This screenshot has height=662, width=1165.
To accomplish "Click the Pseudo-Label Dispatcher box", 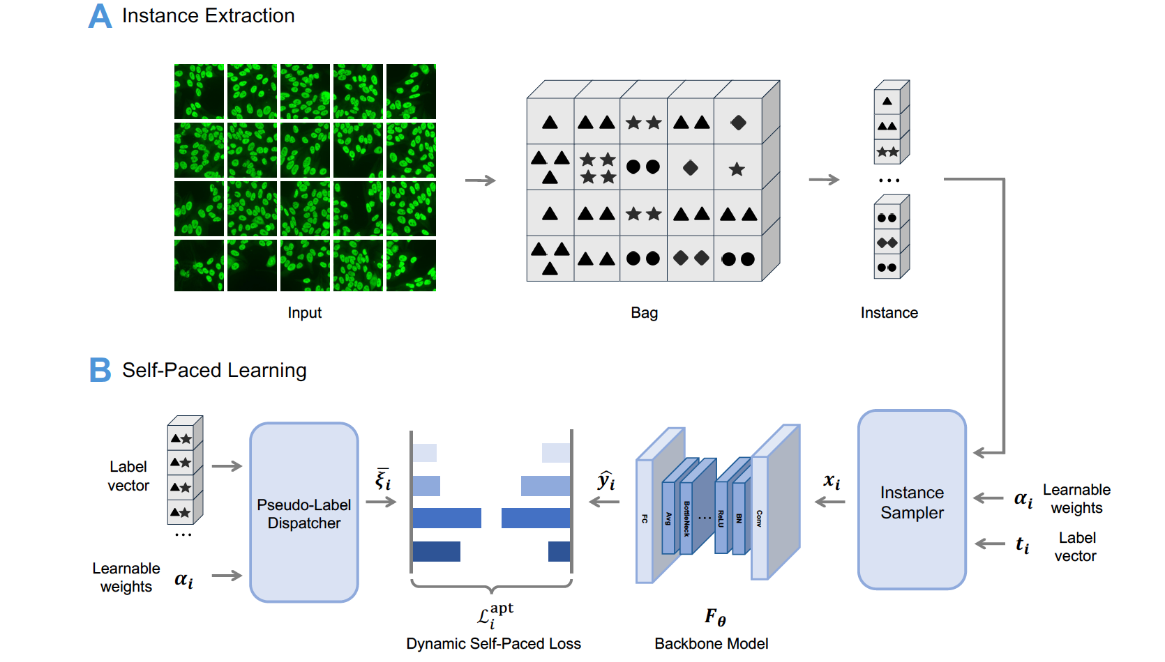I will tap(304, 512).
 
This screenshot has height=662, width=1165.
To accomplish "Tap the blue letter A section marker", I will tap(100, 16).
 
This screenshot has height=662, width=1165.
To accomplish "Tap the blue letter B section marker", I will tap(100, 370).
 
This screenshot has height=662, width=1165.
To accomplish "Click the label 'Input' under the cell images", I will tap(304, 313).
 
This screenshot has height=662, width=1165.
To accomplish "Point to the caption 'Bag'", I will tap(644, 313).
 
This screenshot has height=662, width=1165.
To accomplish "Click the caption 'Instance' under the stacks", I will tap(889, 313).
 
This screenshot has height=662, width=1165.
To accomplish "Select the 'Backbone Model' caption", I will tap(711, 644).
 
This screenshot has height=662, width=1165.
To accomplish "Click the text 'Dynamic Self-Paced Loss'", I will tap(493, 644).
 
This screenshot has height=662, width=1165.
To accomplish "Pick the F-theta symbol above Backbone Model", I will tap(715, 617).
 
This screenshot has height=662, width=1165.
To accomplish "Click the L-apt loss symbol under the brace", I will tap(495, 615).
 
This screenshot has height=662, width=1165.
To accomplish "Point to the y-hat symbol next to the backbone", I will tap(606, 480).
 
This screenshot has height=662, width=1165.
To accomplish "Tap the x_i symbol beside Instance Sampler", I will tap(832, 481).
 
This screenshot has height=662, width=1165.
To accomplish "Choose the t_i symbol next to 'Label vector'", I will tap(1022, 545).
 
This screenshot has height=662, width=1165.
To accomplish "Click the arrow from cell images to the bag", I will tap(480, 180).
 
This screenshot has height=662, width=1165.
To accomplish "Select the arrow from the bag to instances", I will tap(824, 180).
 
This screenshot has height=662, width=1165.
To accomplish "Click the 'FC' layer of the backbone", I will tap(645, 519).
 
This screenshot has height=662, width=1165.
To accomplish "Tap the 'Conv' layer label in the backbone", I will tap(759, 518).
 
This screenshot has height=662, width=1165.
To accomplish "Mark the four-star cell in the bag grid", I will tap(598, 168).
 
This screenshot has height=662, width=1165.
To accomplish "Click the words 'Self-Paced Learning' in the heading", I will tap(214, 370).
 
